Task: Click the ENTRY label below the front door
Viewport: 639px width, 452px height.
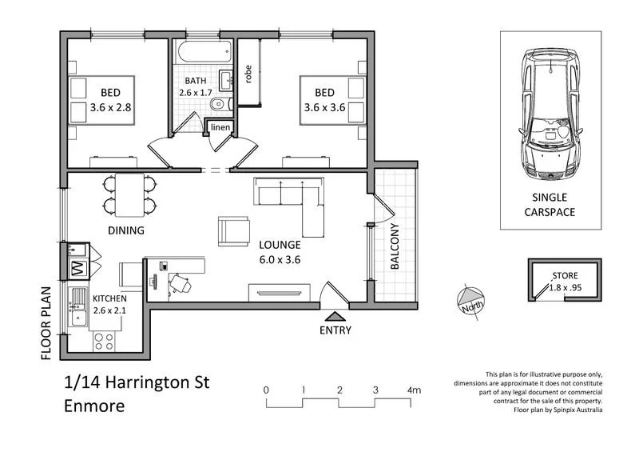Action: (335, 330)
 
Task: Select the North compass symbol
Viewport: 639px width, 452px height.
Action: (470, 302)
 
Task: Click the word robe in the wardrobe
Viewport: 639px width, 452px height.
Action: (249, 74)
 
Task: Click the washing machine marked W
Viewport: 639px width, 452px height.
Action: (79, 266)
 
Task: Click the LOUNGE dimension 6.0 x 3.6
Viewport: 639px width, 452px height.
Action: (279, 258)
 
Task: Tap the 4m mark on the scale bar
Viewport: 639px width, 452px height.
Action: (414, 390)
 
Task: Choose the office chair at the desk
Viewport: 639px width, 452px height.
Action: (181, 282)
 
